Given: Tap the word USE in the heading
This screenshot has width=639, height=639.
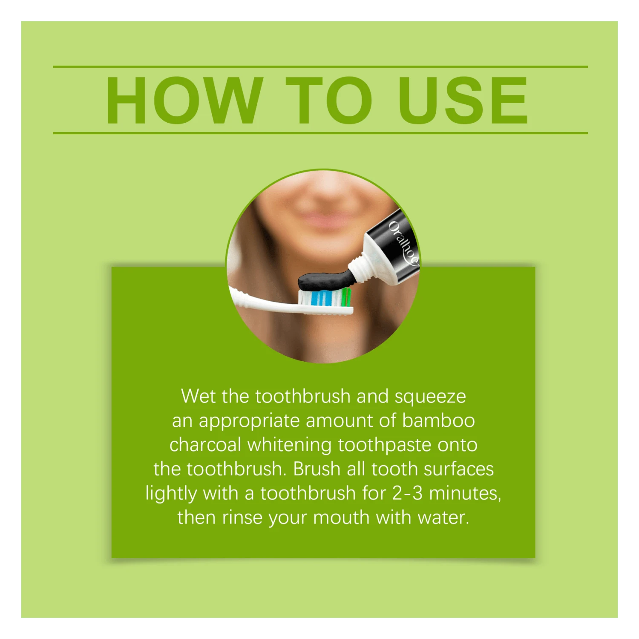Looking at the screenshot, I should point(463,101).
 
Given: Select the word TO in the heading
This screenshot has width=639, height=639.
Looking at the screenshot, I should point(328,101).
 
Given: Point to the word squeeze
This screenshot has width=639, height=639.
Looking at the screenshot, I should point(430,397).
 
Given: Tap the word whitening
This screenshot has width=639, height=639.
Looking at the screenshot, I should point(289,446).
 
